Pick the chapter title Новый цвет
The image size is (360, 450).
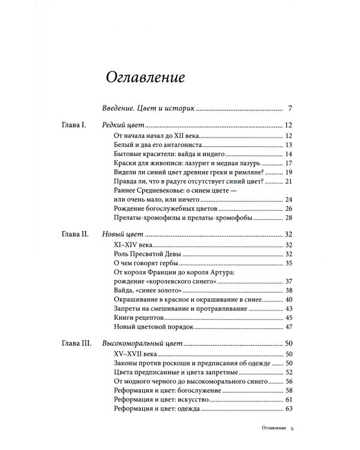pyautogui.click(x=123, y=234)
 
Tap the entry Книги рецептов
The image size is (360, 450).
pyautogui.click(x=137, y=317)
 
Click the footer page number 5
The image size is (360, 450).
pyautogui.click(x=292, y=429)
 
